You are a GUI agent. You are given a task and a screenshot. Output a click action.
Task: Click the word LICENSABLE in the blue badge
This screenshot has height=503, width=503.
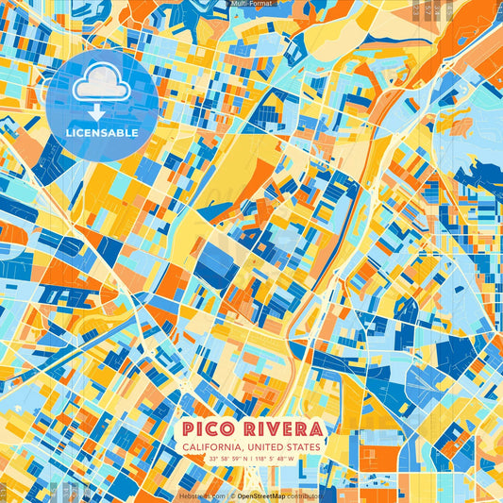pyautogui.click(x=102, y=133)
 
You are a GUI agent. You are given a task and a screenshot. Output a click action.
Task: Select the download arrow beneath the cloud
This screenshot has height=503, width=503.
pyautogui.click(x=98, y=112)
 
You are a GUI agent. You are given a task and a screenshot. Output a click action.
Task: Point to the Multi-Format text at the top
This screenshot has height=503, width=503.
pyautogui.click(x=252, y=5)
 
